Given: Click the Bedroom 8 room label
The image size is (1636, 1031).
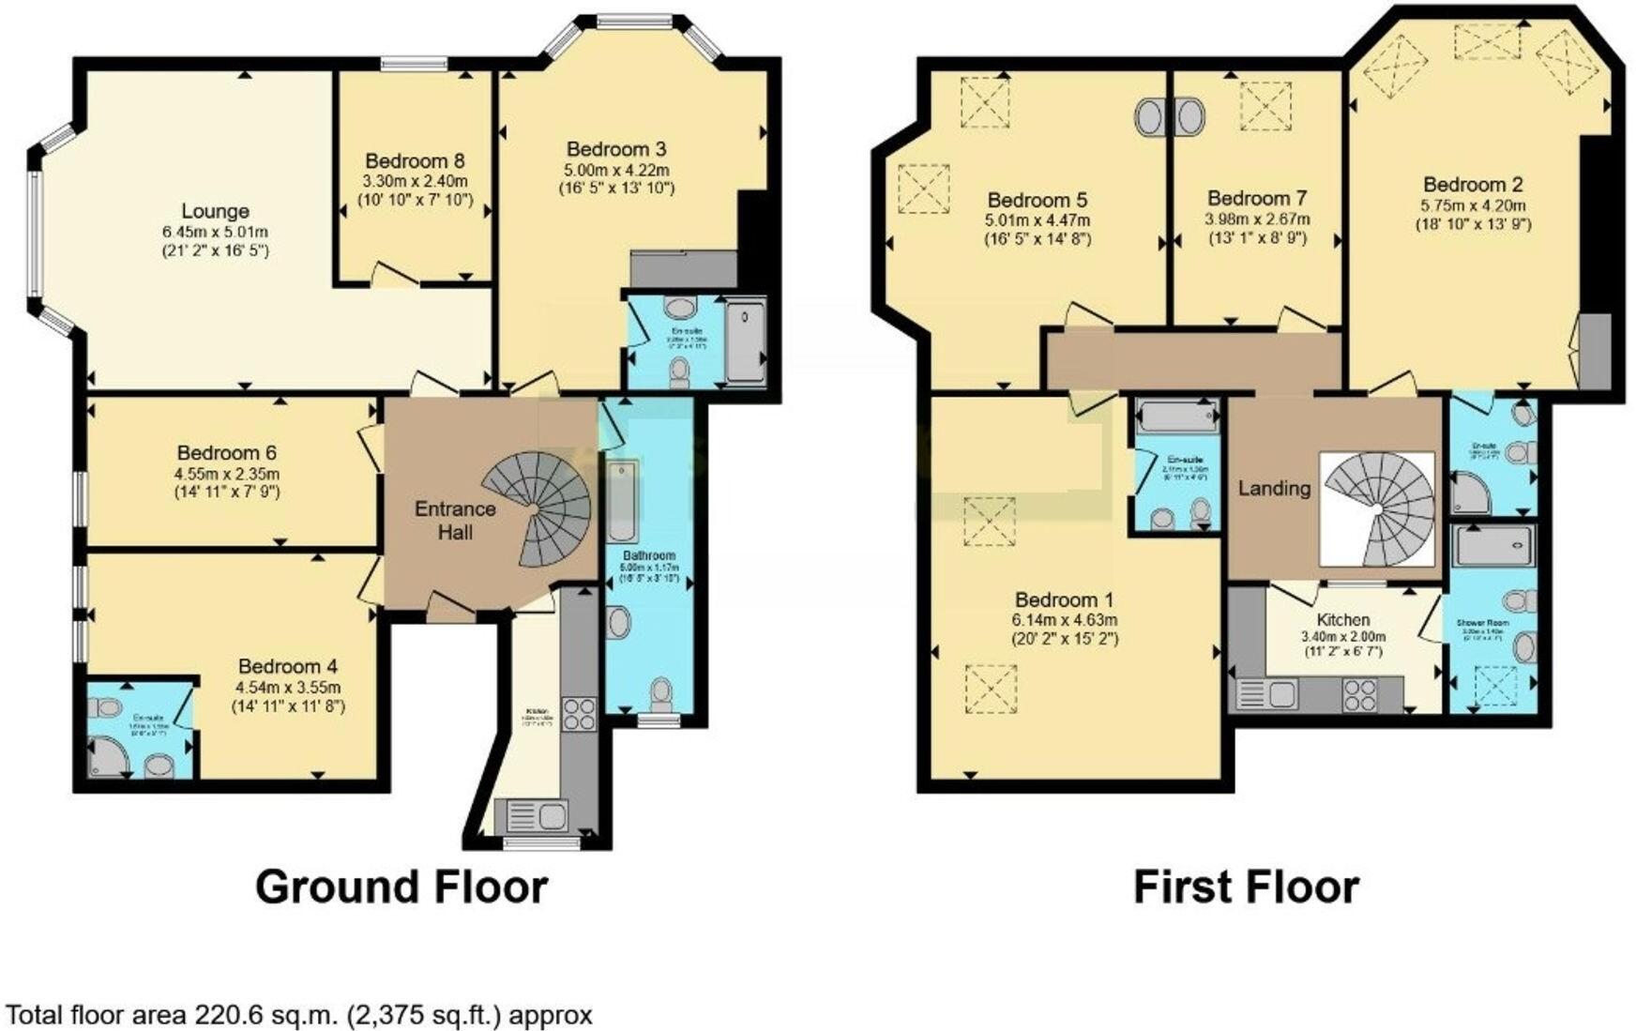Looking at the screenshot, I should [415, 160].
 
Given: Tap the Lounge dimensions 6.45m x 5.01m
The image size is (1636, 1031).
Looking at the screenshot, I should [215, 232].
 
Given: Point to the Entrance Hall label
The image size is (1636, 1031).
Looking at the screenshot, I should [455, 521].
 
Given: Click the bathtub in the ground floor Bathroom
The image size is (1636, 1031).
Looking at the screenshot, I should [621, 502].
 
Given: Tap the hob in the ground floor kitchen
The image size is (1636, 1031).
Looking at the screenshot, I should [579, 714].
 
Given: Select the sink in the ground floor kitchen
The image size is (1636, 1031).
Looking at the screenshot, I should [537, 815].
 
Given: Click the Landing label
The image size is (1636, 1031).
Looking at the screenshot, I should [1273, 488].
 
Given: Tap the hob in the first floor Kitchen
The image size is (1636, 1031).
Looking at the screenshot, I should [1359, 695].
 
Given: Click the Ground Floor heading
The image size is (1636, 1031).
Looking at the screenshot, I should [401, 887].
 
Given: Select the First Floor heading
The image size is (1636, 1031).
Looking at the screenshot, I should [1246, 887].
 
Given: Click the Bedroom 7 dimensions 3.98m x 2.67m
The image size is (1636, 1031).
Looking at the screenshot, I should [1257, 220].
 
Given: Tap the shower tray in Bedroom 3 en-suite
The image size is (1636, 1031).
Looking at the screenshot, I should [746, 341].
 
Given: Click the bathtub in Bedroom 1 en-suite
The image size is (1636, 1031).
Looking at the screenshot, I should [1175, 414].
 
